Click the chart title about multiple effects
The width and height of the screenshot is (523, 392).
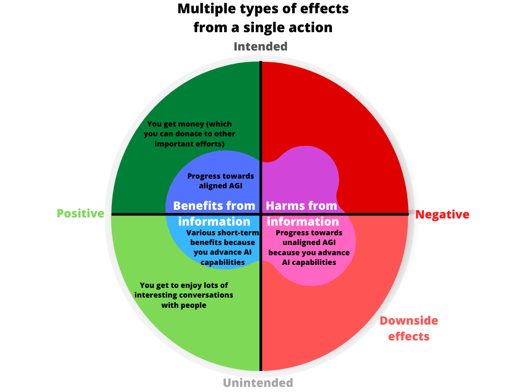(x=263, y=17)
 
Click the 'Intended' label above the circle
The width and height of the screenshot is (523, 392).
(x=260, y=46)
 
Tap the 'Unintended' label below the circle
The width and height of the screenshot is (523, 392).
(x=258, y=382)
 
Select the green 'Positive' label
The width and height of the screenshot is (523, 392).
(x=80, y=213)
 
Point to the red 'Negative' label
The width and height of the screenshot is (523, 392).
(x=442, y=214)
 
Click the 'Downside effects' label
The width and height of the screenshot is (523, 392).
(x=409, y=328)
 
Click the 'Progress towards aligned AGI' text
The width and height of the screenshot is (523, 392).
(x=220, y=181)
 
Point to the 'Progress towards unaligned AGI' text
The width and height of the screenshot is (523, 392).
(x=309, y=248)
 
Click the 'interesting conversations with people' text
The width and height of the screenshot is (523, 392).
(x=184, y=295)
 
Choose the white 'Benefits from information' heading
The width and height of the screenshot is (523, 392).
(x=214, y=213)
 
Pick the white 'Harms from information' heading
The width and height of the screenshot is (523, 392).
(x=302, y=213)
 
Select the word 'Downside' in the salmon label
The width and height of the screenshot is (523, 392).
(x=409, y=321)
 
